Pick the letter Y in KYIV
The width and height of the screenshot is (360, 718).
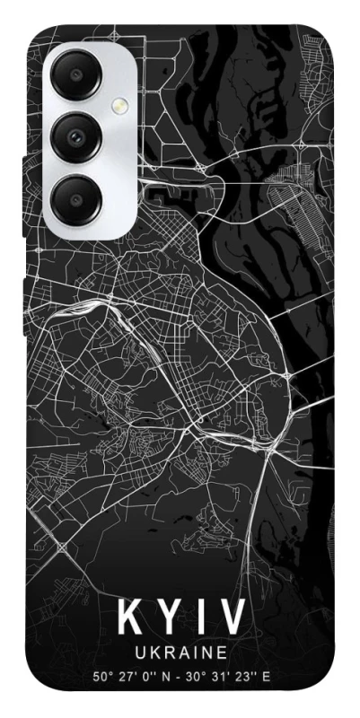coord(170,619)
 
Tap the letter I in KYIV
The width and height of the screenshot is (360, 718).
coord(201,619)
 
